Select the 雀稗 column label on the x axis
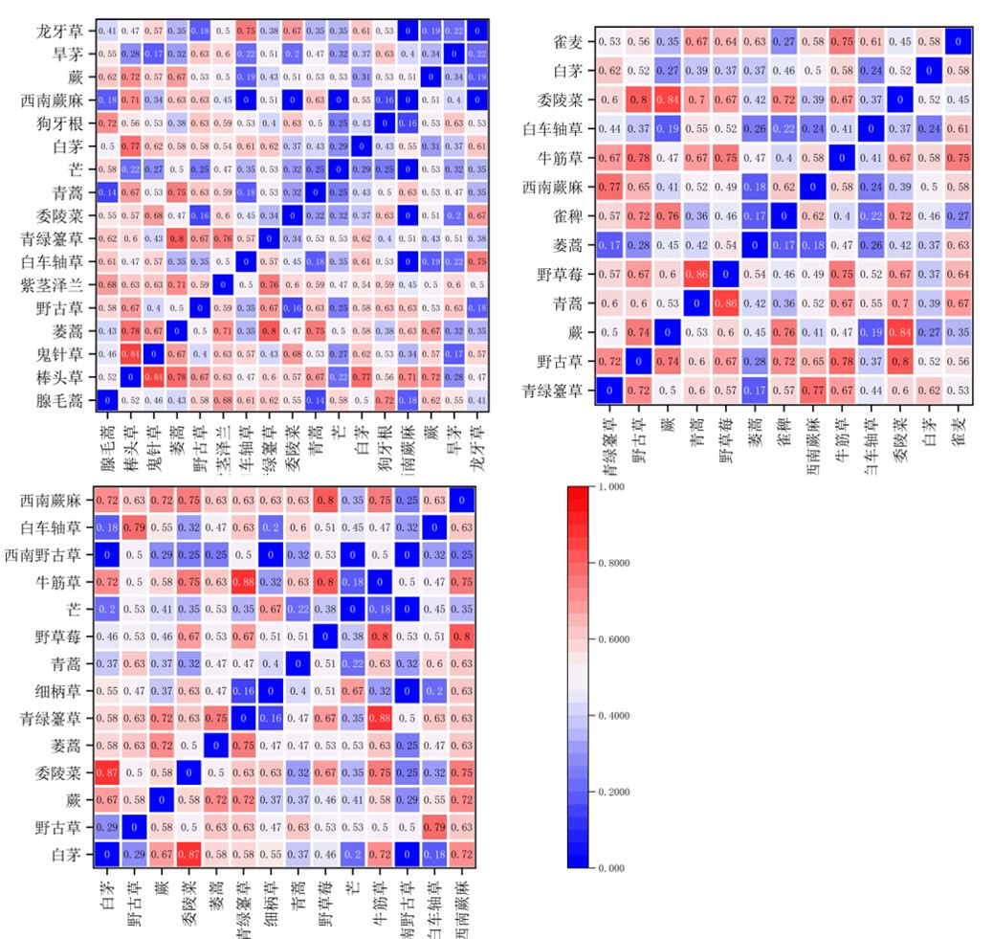(x=782, y=435)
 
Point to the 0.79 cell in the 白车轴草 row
(x=134, y=527)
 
